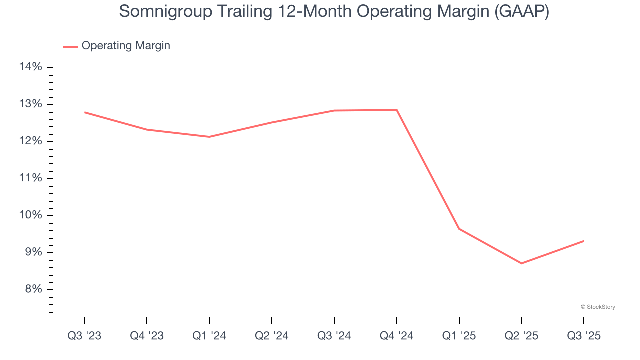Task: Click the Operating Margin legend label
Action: click(x=126, y=46)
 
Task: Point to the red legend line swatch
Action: click(x=70, y=46)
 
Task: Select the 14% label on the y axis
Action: click(x=30, y=67)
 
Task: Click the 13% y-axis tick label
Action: click(x=30, y=104)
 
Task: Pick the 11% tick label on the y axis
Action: click(x=30, y=178)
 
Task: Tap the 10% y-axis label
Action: click(x=30, y=215)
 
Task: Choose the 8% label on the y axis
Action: click(x=31, y=289)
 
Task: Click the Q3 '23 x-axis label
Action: click(x=84, y=336)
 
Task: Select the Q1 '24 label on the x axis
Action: click(x=209, y=336)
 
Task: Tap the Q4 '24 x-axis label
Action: click(x=397, y=336)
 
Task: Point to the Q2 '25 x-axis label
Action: click(x=522, y=336)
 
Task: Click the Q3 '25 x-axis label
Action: click(x=584, y=336)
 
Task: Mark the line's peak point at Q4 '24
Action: click(x=397, y=110)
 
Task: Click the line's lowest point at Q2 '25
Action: click(x=522, y=263)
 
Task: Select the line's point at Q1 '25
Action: click(x=459, y=229)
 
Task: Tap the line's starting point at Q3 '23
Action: click(x=84, y=112)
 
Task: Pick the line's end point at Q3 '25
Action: click(x=584, y=241)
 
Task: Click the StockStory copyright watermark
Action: click(x=598, y=307)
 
